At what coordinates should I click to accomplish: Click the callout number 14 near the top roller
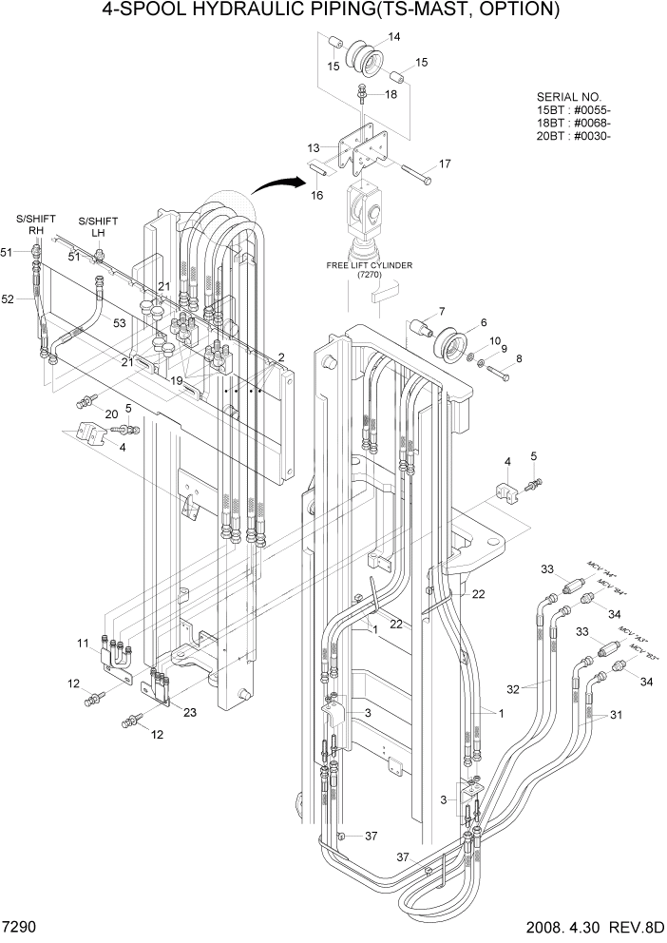coord(393,37)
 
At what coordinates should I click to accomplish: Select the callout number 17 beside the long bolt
coord(445,164)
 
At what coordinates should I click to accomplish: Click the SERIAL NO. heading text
coord(569,97)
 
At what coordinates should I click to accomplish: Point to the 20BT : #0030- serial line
coord(573,135)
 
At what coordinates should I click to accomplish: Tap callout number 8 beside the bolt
coord(518,358)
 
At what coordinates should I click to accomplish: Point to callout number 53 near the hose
coord(119,323)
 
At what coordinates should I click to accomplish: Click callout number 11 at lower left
coord(84,644)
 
